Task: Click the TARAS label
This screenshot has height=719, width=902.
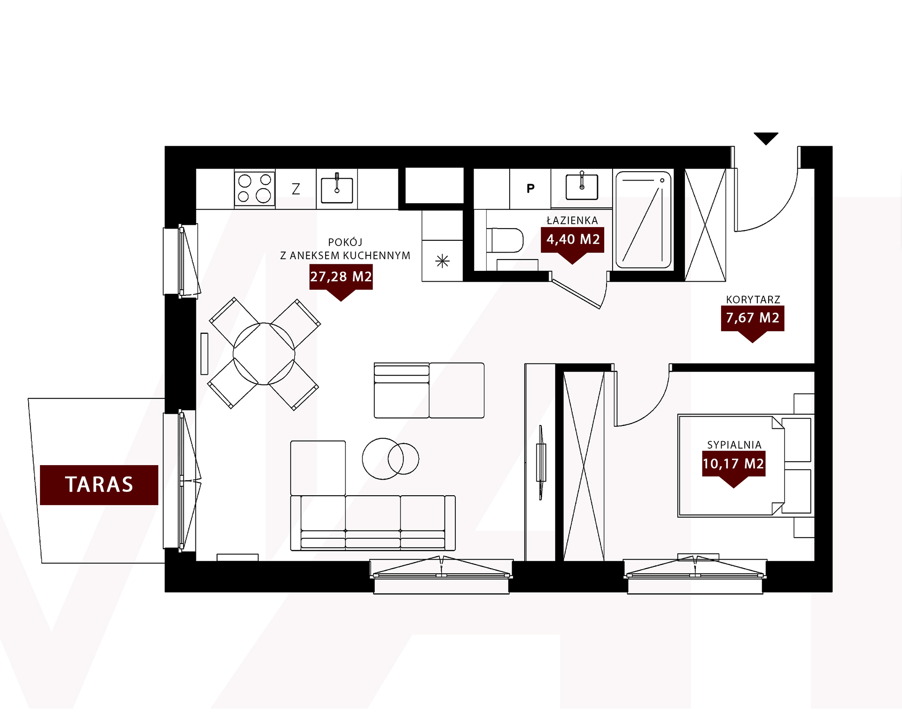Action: coord(99,485)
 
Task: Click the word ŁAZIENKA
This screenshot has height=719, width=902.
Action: coord(572,220)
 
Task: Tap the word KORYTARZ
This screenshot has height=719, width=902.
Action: coord(753,300)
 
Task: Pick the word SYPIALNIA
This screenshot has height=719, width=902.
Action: coord(734,445)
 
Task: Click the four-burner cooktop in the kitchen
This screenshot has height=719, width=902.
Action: coord(255,189)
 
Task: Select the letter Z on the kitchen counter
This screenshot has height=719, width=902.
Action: coord(296,189)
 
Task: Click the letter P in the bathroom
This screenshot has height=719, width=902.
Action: coord(530,189)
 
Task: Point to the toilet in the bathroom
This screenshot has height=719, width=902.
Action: coord(505,240)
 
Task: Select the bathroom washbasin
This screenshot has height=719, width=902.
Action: coord(582,187)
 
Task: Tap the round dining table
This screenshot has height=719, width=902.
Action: coord(264,354)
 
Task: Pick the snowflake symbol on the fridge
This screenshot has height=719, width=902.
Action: coord(442,261)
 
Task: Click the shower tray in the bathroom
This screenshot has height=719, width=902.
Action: coord(644,220)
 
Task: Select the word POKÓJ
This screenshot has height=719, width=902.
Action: coord(345,242)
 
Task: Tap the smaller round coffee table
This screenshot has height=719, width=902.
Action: coord(403,458)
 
